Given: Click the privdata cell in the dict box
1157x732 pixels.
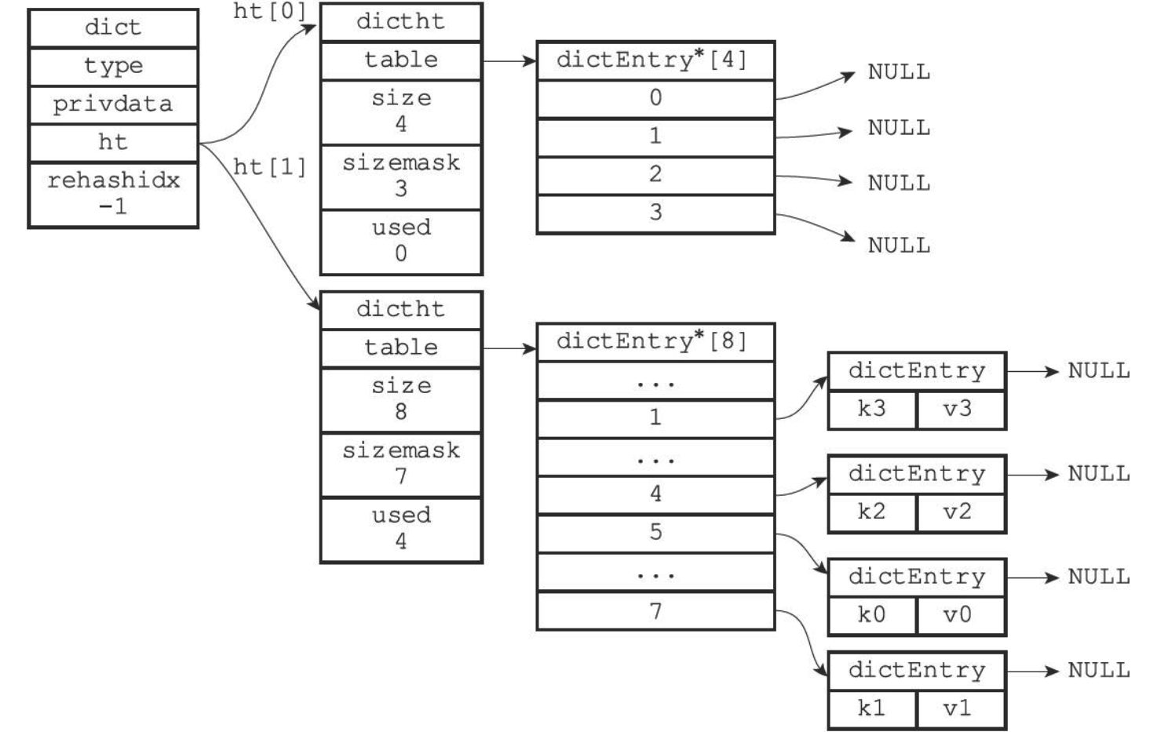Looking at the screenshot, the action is [113, 105].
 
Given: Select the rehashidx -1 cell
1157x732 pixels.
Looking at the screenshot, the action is [113, 195].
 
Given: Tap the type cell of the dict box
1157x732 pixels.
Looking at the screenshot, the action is [113, 67].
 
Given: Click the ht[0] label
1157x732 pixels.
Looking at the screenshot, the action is [269, 11].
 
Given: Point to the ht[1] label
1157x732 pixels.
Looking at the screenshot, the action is [269, 167].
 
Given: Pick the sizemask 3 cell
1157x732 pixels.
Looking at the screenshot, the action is [401, 177].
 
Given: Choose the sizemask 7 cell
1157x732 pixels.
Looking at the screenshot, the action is [401, 465].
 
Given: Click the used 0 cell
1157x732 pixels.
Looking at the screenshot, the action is [401, 242].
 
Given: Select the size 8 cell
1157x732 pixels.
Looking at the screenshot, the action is [401, 400].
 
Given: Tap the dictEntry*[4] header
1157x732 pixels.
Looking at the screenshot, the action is [655, 60].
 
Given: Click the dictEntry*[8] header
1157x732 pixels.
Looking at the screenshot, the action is [655, 342].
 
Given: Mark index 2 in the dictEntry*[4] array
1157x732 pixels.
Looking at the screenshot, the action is [655, 176].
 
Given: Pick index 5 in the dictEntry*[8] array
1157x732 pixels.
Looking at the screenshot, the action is [655, 534].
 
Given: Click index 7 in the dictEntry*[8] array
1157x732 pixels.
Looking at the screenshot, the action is [655, 610].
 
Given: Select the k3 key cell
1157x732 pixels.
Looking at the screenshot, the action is [872, 410].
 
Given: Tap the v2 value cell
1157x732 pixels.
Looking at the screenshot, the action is [961, 512].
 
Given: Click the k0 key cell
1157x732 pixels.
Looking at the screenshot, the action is [872, 615].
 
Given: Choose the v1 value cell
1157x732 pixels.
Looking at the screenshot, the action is [961, 708].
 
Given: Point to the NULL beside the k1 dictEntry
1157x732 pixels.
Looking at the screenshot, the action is [1099, 671].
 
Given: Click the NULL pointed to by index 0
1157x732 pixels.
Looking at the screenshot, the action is [899, 72].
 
